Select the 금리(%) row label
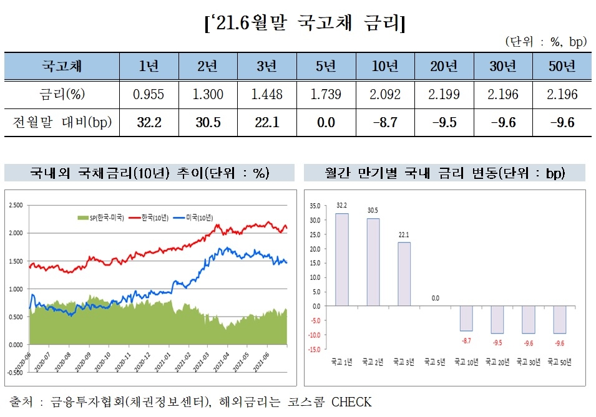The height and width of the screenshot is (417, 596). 62,95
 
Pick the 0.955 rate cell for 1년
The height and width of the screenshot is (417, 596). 149,95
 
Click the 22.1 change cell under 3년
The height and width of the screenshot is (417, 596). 266,123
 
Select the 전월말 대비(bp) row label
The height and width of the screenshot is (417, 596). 62,123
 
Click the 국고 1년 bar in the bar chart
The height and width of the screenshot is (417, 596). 341,259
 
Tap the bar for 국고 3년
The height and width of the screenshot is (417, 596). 404,274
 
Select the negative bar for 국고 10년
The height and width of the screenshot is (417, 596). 466,318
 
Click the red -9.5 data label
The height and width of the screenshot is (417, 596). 497,342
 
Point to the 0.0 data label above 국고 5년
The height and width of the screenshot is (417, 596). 435,298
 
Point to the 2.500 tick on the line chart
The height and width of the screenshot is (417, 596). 16,204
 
